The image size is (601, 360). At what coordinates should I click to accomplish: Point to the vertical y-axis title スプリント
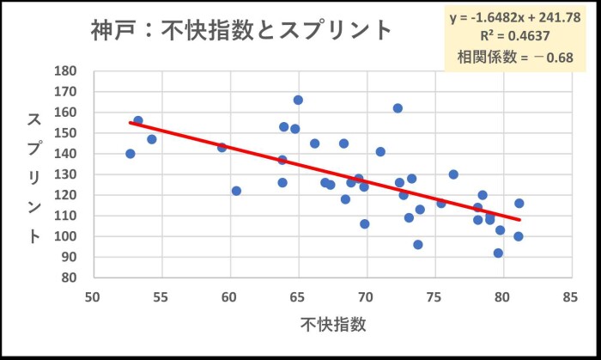34,177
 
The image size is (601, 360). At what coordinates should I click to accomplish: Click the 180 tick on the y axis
66,71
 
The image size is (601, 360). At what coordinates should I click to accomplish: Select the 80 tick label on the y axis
70,278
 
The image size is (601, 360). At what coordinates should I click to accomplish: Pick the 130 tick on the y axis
66,174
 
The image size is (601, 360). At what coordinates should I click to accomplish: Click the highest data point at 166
298,100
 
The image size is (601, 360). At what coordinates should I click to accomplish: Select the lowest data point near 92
498,253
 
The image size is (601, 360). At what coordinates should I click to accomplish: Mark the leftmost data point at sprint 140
131,154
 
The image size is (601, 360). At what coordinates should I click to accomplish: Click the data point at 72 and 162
398,108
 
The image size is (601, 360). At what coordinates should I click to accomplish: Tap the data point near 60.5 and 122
236,191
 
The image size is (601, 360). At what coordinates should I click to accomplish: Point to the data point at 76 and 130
453,174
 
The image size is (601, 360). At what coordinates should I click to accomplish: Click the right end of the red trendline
519,220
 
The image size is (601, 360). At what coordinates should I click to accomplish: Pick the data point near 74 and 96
418,244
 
